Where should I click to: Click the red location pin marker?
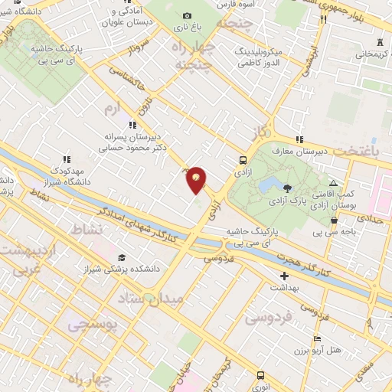point(197,179)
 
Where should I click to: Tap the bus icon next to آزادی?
point(243,161)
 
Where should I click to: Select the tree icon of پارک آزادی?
point(286,188)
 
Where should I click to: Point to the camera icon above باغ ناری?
point(188,15)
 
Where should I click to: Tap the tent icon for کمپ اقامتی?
point(332,183)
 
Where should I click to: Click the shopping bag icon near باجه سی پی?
point(334,220)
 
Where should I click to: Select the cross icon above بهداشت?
point(284,275)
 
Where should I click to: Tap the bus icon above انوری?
point(260,375)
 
